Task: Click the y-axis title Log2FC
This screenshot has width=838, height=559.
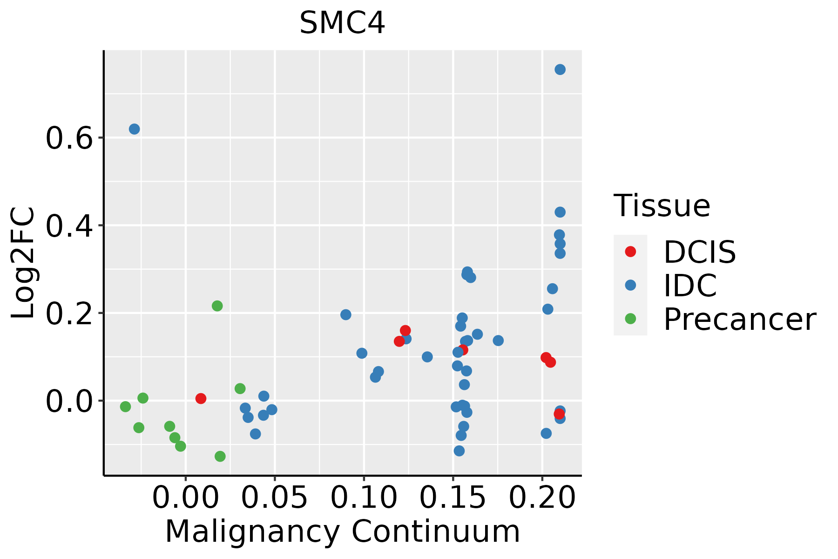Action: (23, 263)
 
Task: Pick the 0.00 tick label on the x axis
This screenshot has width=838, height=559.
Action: (185, 498)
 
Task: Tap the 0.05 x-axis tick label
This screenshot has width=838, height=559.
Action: (275, 498)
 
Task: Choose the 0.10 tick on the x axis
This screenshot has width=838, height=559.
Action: (364, 498)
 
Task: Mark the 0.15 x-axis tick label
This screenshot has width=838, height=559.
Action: (453, 498)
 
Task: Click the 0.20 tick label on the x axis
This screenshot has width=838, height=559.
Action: (542, 498)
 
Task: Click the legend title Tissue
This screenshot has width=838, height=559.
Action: (662, 205)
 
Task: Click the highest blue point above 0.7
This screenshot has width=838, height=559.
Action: (560, 69)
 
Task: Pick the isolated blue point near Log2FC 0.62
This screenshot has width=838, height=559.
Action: (135, 129)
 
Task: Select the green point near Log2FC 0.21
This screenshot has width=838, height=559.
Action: (217, 306)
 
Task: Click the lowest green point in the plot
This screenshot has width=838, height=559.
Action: (220, 456)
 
